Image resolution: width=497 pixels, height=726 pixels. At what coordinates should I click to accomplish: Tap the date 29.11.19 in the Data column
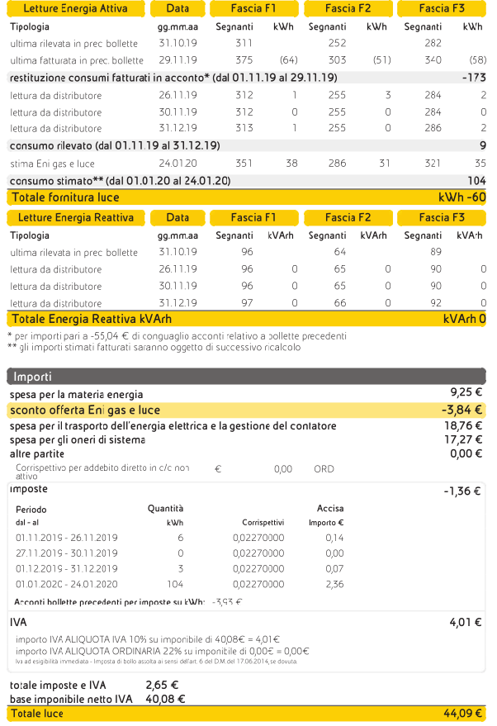click(x=177, y=60)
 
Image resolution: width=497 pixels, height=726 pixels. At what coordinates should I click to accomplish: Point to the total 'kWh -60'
click(x=461, y=197)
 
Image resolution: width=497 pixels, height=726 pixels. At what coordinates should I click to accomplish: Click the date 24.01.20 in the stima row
click(x=177, y=164)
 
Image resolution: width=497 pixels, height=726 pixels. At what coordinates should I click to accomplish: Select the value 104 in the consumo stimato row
click(x=476, y=180)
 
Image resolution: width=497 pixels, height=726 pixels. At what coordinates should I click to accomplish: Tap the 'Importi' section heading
click(x=32, y=377)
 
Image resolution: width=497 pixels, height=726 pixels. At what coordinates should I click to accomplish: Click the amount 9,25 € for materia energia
click(x=466, y=392)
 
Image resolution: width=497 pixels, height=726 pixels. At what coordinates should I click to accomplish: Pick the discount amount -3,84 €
click(x=461, y=410)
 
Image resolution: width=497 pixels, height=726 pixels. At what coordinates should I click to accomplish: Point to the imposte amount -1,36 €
click(x=462, y=491)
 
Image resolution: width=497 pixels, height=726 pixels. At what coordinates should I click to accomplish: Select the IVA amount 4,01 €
click(x=466, y=622)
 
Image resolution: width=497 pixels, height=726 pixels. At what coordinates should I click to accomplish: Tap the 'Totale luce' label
click(x=38, y=714)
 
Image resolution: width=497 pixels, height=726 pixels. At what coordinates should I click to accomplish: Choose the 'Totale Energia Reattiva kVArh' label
click(x=92, y=320)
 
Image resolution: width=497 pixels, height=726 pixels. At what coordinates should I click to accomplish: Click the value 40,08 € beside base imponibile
click(x=164, y=699)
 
